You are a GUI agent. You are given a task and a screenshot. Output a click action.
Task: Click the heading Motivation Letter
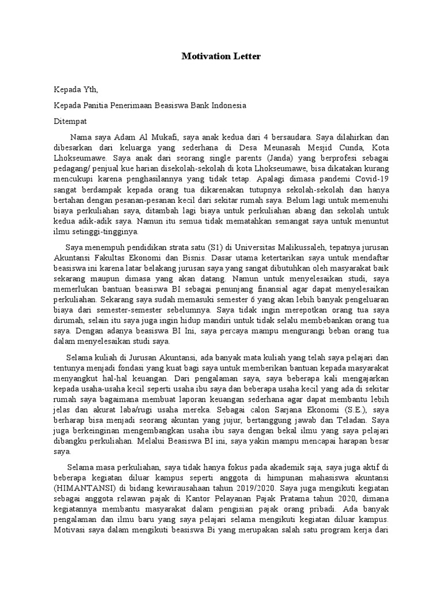tap(221, 56)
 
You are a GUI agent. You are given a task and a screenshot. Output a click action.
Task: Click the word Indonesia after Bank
tap(226, 105)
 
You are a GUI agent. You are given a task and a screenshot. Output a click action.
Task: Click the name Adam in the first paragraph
tap(123, 137)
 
